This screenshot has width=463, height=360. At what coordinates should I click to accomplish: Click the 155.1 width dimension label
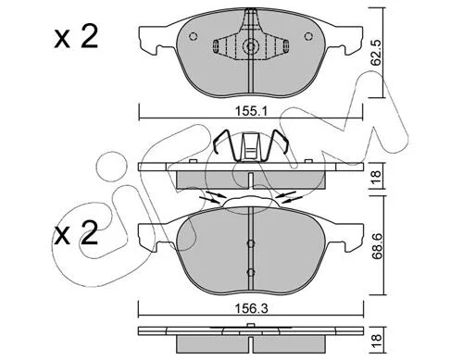251,111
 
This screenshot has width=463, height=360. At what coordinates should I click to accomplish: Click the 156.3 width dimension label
251,308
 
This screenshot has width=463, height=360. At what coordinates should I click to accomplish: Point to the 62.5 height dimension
376,53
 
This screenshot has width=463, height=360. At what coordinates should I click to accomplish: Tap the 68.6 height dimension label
376,246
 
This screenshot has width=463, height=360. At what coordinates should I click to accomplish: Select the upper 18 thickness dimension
377,176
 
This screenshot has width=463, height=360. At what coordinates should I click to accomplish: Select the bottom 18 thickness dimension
377,341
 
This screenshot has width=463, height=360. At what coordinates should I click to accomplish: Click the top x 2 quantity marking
76,37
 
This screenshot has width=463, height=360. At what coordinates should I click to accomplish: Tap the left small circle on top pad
193,36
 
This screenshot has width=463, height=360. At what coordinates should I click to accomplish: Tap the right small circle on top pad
308,36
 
